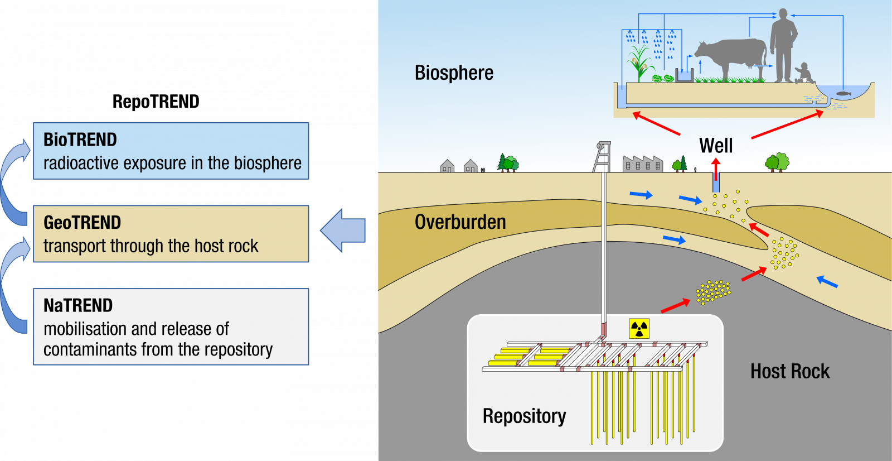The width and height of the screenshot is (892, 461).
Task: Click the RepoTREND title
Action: tap(156, 102)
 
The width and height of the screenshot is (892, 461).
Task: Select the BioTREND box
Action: tap(171, 151)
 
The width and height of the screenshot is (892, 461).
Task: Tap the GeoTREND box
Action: tap(171, 234)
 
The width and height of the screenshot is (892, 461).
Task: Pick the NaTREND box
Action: tap(171, 326)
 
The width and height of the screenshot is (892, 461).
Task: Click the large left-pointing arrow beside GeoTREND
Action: tap(343, 230)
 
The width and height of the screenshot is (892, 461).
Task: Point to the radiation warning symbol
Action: tap(639, 329)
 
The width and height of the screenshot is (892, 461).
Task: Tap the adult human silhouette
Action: tap(783, 45)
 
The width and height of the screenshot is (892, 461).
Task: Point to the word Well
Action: tap(716, 146)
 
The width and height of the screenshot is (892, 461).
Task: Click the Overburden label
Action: tap(460, 222)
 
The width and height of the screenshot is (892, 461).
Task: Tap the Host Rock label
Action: tap(790, 371)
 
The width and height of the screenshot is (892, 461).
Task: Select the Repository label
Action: tap(524, 416)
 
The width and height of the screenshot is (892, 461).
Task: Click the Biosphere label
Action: tap(454, 73)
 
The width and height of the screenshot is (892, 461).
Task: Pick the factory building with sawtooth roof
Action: tap(643, 164)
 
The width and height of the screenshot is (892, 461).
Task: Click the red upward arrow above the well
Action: tap(716, 170)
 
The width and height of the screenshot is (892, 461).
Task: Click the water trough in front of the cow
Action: tap(685, 75)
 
